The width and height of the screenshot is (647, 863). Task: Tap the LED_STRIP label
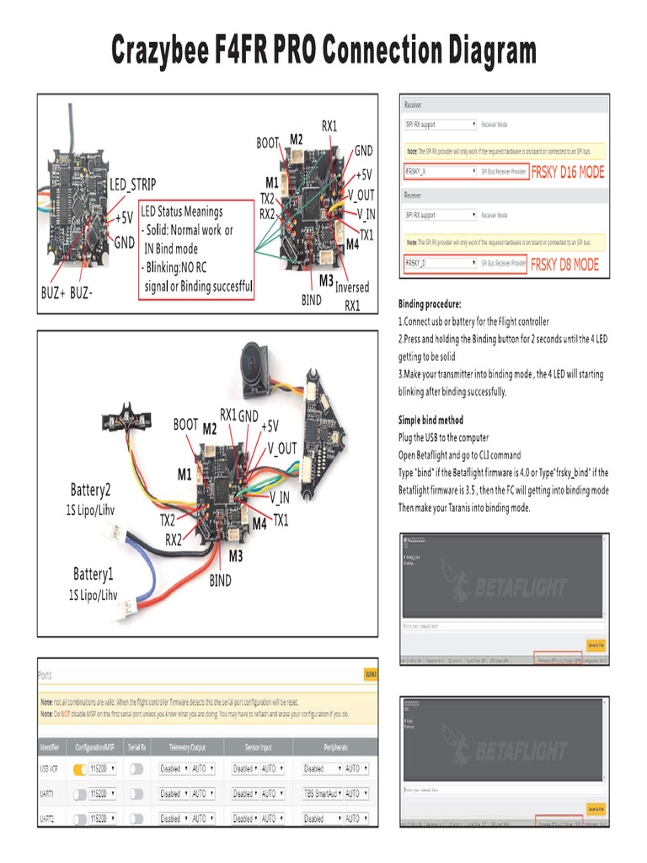point(133,185)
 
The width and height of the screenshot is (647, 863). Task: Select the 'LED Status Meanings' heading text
point(182,212)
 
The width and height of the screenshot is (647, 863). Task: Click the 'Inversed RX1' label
point(351,295)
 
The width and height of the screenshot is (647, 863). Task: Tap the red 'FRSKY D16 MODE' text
point(568,172)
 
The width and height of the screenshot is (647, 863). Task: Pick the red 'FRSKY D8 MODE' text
point(564,265)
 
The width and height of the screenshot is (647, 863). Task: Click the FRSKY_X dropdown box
point(440,171)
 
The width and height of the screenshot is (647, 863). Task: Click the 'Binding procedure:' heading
point(429,303)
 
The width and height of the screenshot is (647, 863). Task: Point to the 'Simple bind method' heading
point(430,420)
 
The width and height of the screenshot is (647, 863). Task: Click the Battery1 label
point(92,575)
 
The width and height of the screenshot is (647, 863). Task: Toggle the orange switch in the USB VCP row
point(80,769)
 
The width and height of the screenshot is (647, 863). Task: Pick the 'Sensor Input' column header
point(258,748)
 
